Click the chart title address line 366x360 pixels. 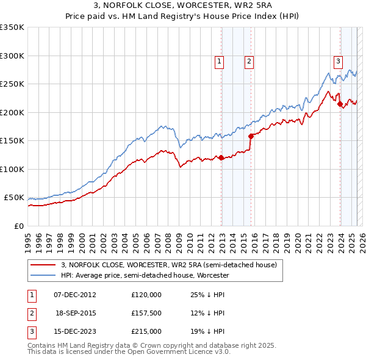(183, 5)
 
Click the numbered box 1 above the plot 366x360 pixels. (219, 60)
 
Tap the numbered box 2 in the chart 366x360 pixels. (249, 60)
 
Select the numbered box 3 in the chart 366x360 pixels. (338, 60)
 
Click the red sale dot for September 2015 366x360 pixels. (251, 137)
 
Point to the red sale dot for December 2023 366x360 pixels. (340, 104)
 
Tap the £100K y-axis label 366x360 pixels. (12, 169)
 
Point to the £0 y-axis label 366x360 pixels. (18, 226)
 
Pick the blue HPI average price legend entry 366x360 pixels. (144, 276)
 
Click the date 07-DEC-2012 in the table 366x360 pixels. (75, 295)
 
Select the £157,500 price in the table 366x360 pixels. (146, 313)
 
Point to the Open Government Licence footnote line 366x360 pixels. (129, 352)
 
